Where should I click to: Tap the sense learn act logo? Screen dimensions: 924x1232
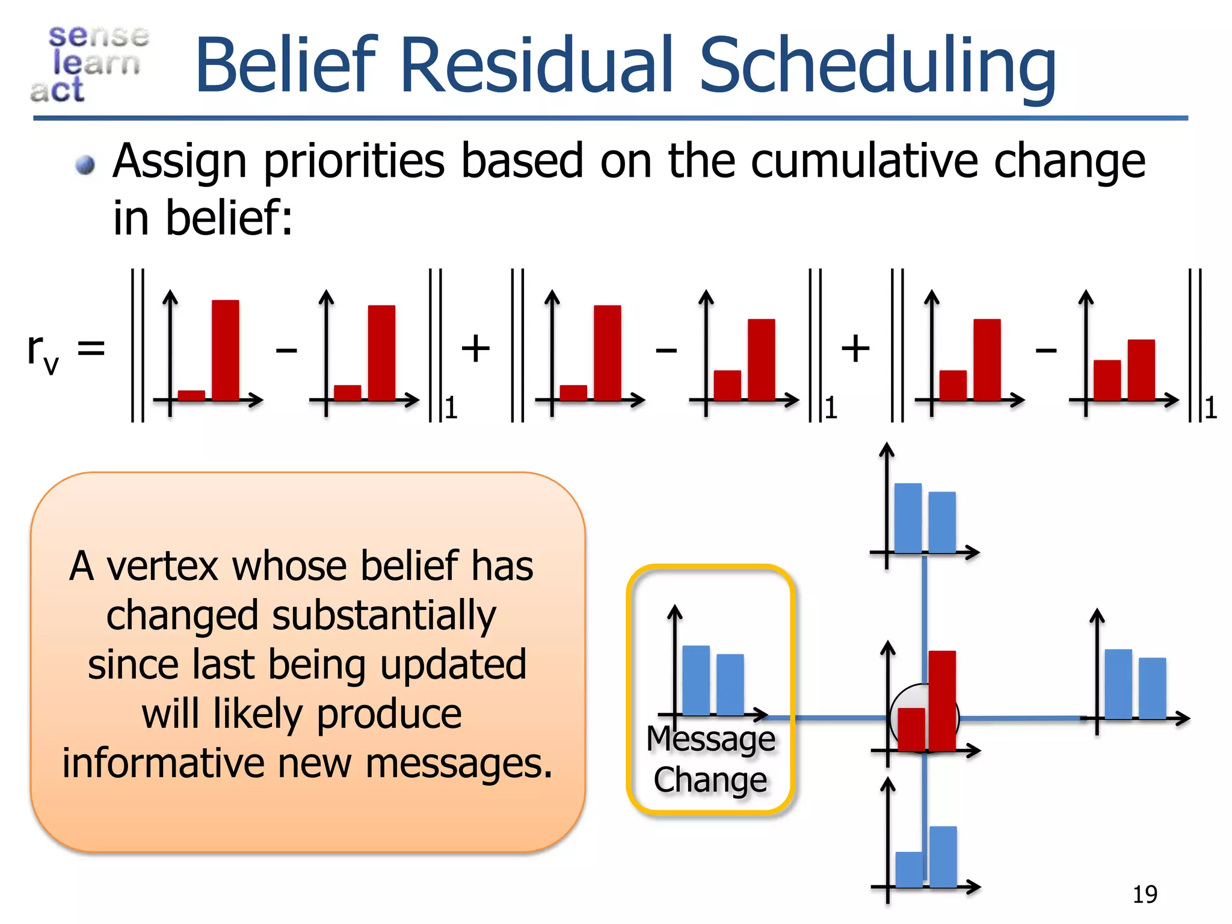(90, 64)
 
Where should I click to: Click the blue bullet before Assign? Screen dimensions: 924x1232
(85, 164)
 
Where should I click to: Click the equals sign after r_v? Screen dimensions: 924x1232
(91, 348)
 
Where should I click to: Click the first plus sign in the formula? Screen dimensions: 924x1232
(475, 348)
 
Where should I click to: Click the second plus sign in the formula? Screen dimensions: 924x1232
(855, 348)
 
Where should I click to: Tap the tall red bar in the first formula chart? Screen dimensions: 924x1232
(225, 350)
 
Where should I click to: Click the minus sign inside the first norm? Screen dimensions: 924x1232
(286, 350)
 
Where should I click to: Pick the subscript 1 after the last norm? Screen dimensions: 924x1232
(1211, 408)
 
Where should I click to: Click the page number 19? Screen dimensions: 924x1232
(1144, 895)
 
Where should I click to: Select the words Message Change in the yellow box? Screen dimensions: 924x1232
(710, 759)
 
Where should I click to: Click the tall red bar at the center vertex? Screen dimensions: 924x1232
(941, 700)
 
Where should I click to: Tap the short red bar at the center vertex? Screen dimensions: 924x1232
(911, 729)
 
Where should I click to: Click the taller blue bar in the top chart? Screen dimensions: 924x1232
(908, 518)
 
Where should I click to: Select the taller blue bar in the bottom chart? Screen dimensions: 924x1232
(943, 857)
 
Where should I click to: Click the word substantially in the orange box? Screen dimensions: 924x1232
(384, 616)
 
